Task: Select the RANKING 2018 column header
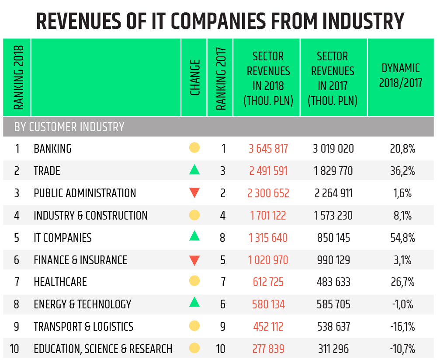pyautogui.click(x=18, y=77)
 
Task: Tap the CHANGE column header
pyautogui.click(x=195, y=77)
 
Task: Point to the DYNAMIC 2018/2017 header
pyautogui.click(x=400, y=75)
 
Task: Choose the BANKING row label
pyautogui.click(x=52, y=149)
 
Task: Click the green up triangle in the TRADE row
pyautogui.click(x=194, y=170)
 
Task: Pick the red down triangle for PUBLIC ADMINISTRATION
pyautogui.click(x=194, y=192)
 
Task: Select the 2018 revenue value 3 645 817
pyautogui.click(x=268, y=149)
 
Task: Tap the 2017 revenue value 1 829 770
pyautogui.click(x=333, y=171)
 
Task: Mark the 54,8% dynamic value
pyautogui.click(x=402, y=238)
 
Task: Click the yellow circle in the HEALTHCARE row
pyautogui.click(x=194, y=281)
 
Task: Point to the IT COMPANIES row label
pyautogui.click(x=62, y=238)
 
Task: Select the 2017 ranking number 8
pyautogui.click(x=223, y=238)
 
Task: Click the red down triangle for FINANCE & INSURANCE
pyautogui.click(x=194, y=261)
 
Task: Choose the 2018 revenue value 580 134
pyautogui.click(x=268, y=304)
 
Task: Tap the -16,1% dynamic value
pyautogui.click(x=402, y=327)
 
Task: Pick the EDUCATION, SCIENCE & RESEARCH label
pyautogui.click(x=103, y=349)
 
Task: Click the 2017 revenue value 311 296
pyautogui.click(x=333, y=349)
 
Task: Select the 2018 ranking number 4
pyautogui.click(x=17, y=216)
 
